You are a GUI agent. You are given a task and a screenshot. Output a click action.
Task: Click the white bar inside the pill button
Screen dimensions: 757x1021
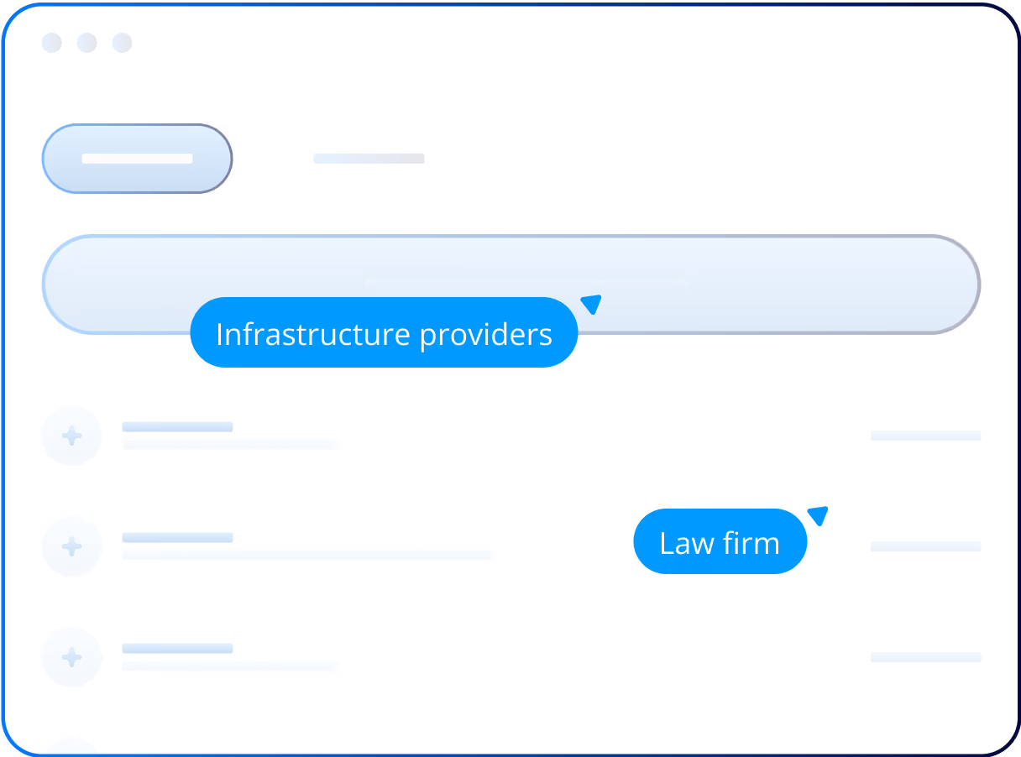point(137,159)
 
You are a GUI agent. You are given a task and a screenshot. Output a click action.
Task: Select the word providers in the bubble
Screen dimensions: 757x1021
point(485,335)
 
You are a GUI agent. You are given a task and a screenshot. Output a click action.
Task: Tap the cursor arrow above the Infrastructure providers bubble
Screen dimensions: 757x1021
point(592,304)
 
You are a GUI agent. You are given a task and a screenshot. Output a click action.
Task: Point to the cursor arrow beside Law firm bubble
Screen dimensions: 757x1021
point(819,514)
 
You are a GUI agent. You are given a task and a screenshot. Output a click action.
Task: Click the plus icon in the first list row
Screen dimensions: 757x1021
point(72,436)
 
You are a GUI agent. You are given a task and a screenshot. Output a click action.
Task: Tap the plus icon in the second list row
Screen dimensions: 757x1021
point(72,546)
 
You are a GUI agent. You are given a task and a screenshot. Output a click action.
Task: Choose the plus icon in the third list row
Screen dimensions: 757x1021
point(72,657)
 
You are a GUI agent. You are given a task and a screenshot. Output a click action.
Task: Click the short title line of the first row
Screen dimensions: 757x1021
point(177,426)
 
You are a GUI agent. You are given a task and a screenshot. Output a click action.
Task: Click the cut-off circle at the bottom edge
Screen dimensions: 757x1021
point(71,747)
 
